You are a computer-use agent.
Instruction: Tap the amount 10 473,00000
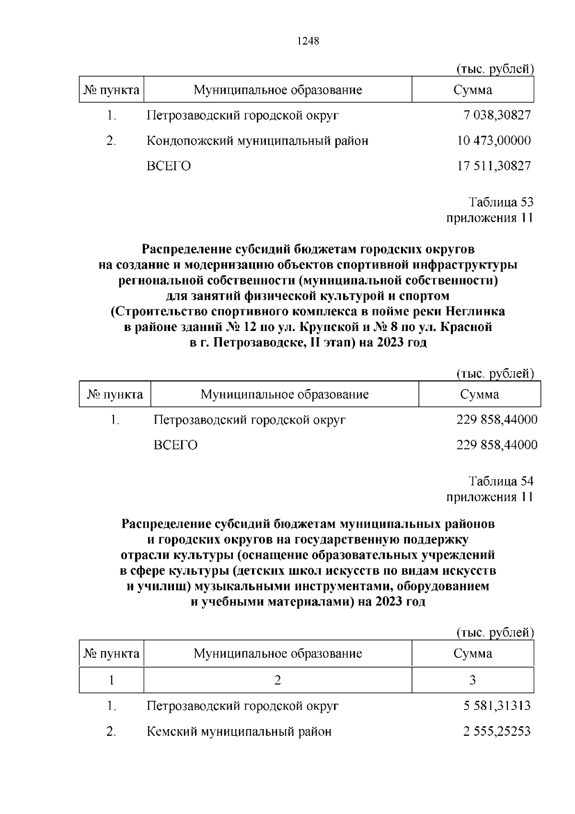click(x=494, y=141)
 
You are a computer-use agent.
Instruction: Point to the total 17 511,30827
click(x=494, y=166)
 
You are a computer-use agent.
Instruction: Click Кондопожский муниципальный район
click(x=257, y=141)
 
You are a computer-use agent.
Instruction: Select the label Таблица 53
click(x=501, y=202)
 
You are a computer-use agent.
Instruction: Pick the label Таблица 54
click(x=501, y=481)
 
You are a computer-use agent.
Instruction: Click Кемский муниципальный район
click(x=239, y=732)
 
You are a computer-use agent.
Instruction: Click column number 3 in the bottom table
click(x=472, y=680)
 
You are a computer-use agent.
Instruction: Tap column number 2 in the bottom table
click(x=277, y=680)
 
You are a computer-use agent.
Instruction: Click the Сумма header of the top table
click(x=472, y=90)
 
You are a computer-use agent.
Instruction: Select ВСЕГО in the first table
click(x=169, y=166)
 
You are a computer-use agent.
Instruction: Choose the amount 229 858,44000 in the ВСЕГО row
click(x=497, y=445)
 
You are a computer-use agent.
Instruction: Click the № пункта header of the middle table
click(x=115, y=395)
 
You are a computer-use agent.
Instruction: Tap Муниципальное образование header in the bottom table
click(x=277, y=654)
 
